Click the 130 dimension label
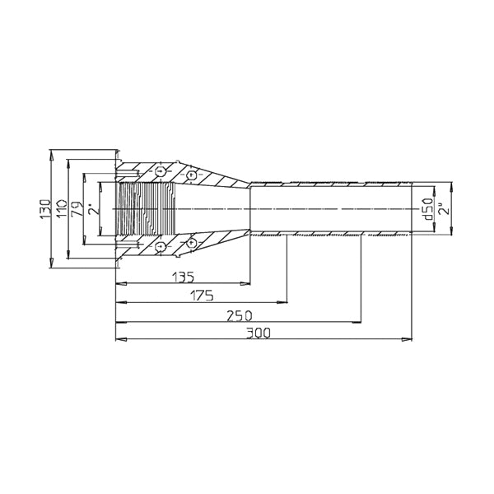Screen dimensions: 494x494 point(45,209)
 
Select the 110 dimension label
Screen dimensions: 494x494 point(62,208)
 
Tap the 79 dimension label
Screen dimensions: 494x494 point(77,209)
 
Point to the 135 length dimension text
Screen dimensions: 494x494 point(184,277)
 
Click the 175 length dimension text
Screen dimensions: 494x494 point(202,296)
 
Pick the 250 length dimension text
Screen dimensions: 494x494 point(240,315)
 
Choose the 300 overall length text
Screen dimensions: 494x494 point(259,333)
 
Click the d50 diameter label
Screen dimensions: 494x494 point(428,209)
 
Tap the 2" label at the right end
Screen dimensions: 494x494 point(445,209)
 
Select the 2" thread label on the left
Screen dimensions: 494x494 point(93,209)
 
